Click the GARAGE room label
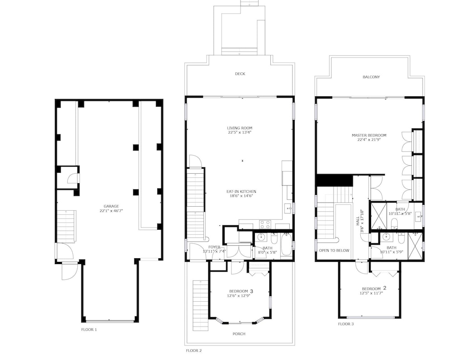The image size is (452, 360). [x=111, y=206]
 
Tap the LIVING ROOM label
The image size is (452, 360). [x=240, y=128]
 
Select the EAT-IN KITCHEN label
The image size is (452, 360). [x=241, y=192]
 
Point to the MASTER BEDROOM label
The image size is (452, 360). [x=369, y=135]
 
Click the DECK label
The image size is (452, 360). [x=240, y=74]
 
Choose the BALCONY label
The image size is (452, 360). [x=371, y=77]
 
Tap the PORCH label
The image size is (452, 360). [x=239, y=334]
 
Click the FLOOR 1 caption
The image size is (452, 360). [x=89, y=329]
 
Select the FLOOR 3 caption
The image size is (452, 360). [x=346, y=324]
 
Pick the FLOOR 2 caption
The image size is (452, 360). [x=194, y=351]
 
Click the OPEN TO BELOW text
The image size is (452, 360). [x=334, y=251]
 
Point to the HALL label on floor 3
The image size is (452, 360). [x=358, y=221]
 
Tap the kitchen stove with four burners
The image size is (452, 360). [x=265, y=224]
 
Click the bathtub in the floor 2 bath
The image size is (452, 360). [x=286, y=245]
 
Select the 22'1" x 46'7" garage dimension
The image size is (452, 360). [x=111, y=211]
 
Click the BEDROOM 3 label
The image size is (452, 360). [x=241, y=291]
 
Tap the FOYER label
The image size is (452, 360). [x=214, y=247]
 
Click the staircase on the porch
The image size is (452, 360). [x=200, y=305]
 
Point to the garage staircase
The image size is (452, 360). [x=66, y=227]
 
